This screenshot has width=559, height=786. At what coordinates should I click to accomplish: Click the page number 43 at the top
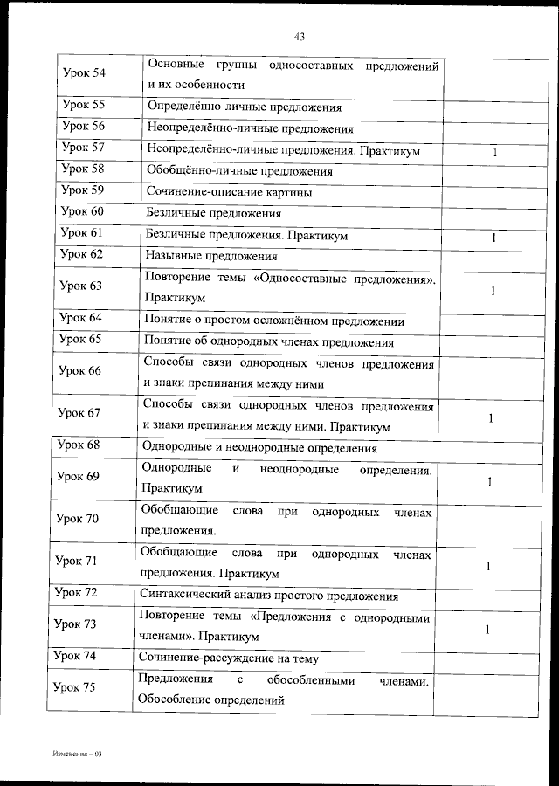(299, 37)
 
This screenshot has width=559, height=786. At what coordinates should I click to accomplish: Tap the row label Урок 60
(84, 211)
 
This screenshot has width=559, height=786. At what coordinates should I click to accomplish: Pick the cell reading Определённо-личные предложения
(244, 108)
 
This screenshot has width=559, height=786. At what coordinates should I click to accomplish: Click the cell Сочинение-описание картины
(230, 192)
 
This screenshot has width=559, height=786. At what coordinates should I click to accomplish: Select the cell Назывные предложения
(212, 257)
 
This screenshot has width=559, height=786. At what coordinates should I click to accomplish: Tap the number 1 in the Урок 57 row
(494, 152)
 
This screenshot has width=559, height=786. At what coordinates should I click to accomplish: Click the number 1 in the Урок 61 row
(493, 237)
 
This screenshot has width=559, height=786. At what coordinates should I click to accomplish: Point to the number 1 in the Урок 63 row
(493, 291)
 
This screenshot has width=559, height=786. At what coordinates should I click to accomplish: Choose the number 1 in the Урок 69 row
(490, 481)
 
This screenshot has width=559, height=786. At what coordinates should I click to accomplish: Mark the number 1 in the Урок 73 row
(487, 629)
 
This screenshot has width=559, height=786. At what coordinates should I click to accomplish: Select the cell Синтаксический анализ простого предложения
(269, 596)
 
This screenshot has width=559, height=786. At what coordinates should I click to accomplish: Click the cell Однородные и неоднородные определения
(259, 449)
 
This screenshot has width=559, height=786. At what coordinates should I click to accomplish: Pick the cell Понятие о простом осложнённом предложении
(275, 321)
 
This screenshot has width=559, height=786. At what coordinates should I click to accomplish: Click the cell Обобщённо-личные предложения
(239, 172)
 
